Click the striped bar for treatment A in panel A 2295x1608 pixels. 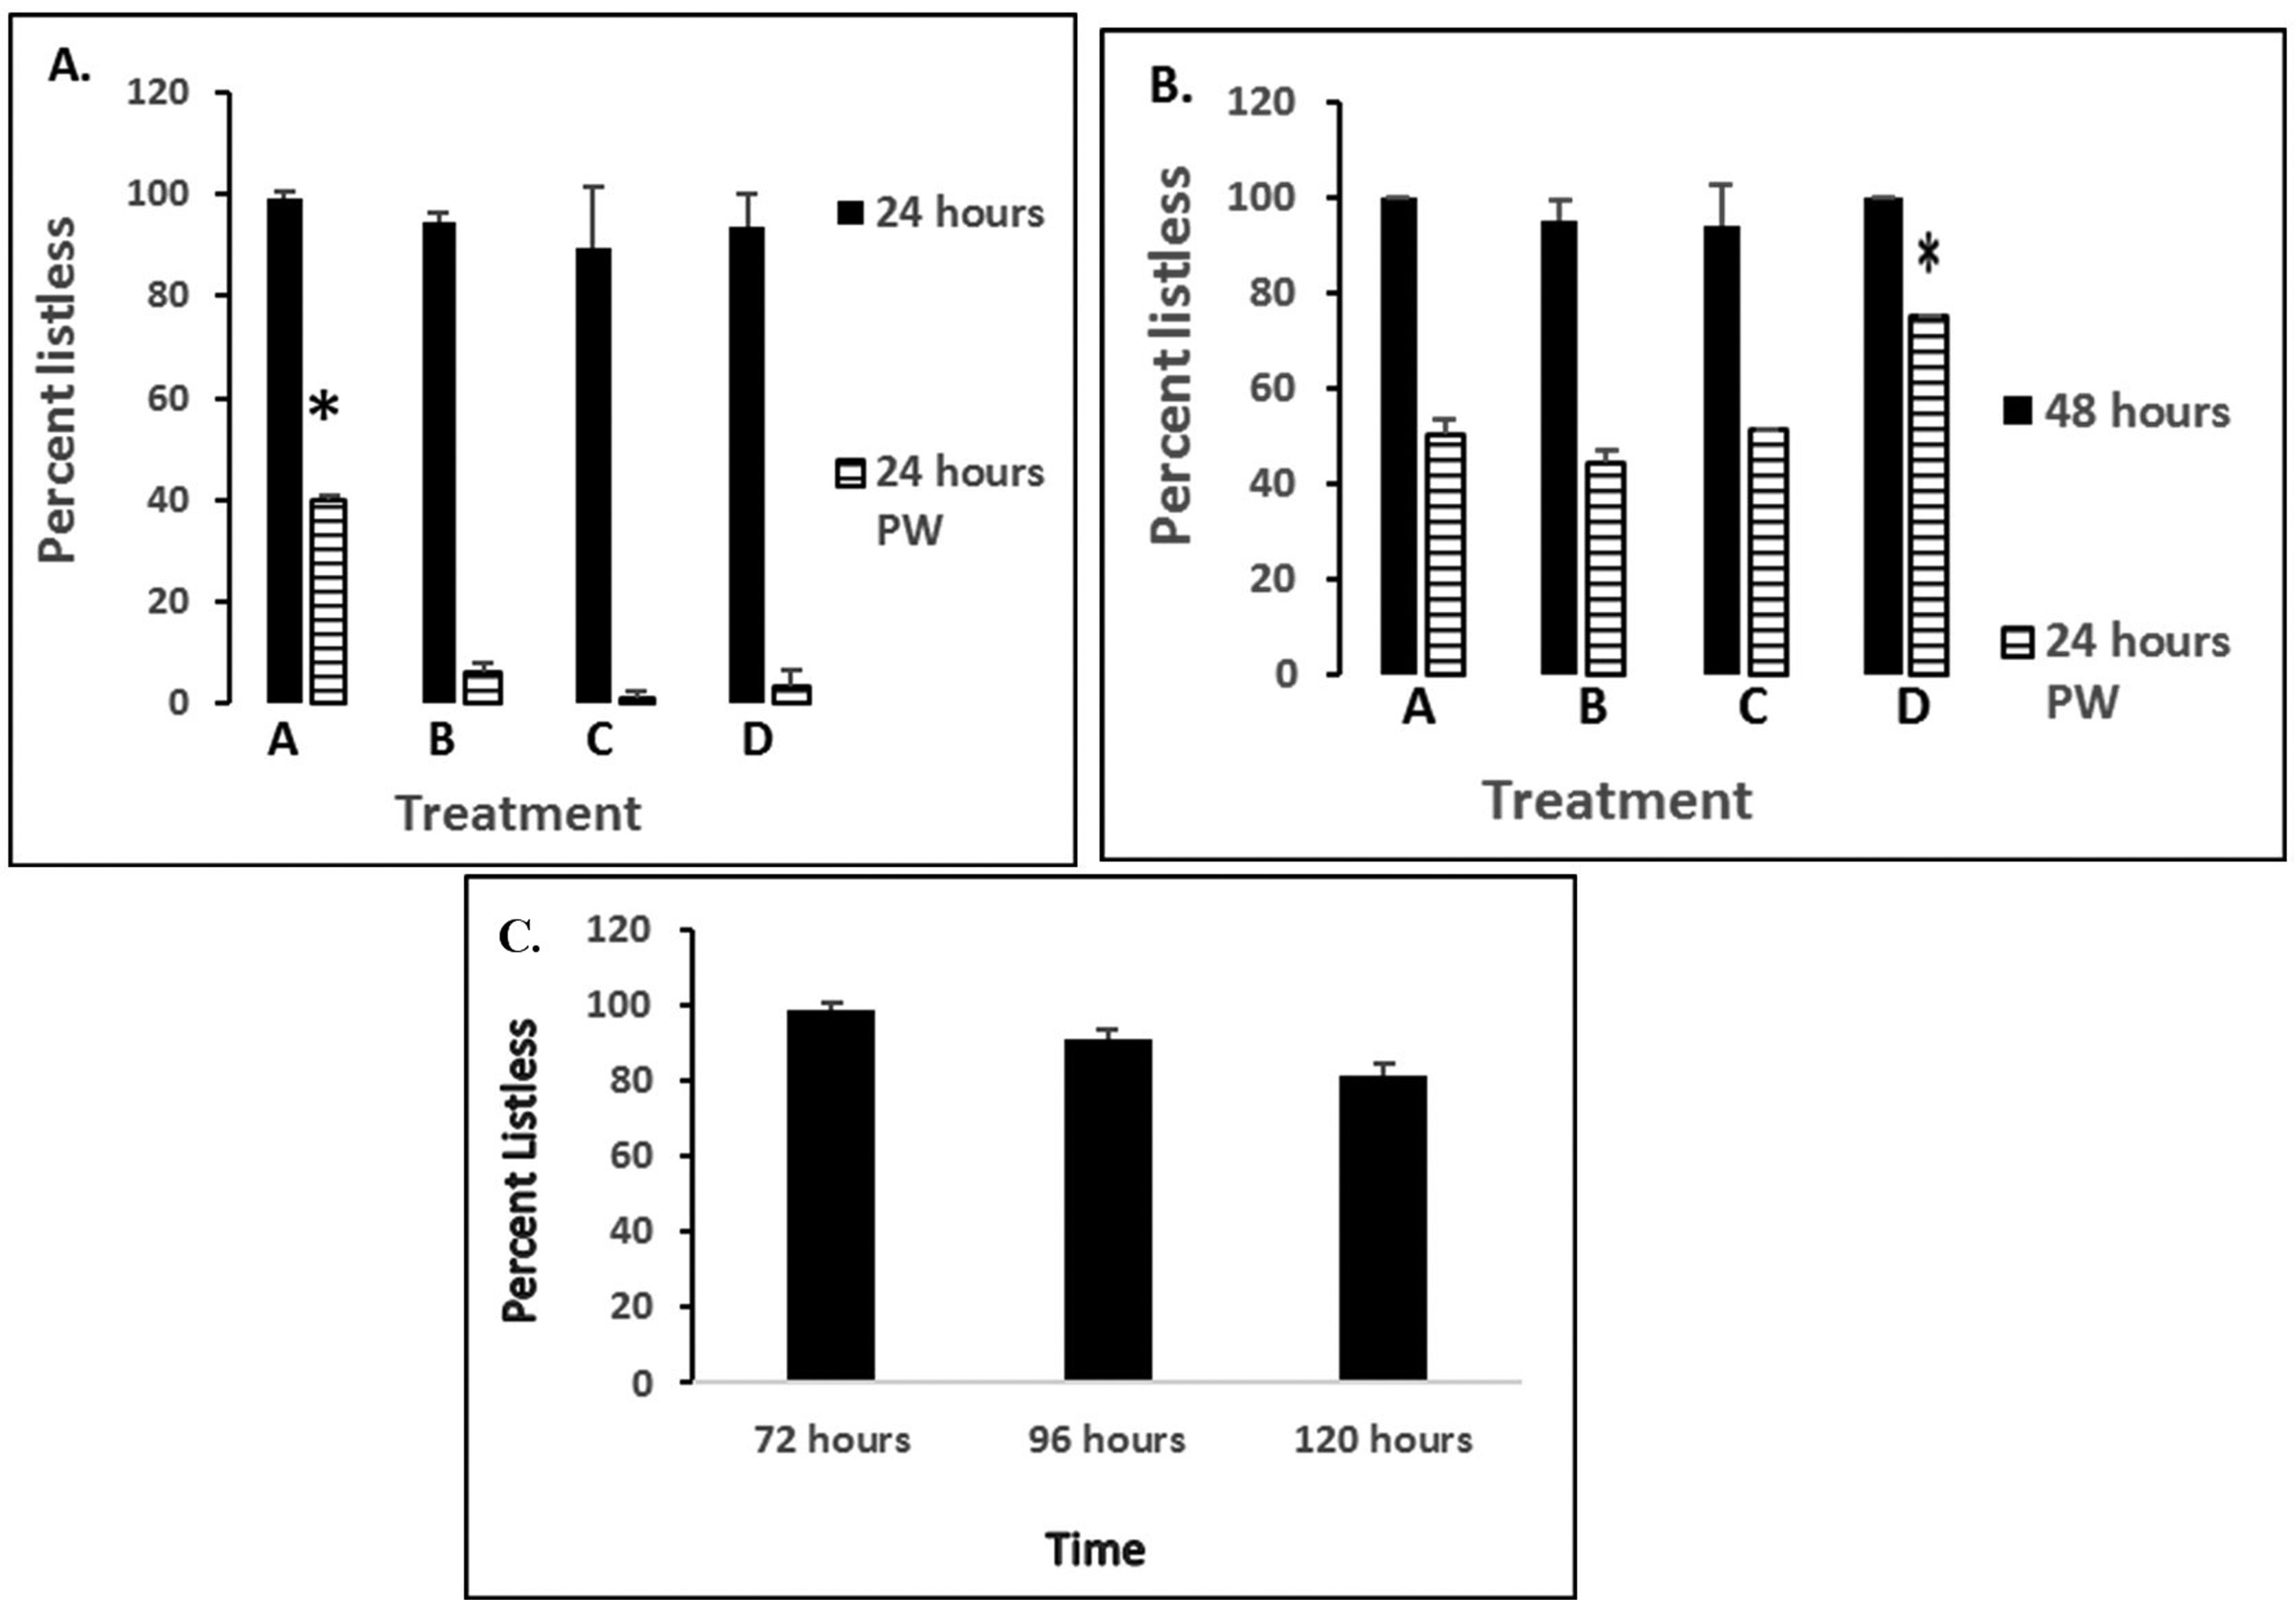click(328, 601)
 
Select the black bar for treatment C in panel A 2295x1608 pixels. click(594, 475)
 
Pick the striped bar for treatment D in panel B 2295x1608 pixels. click(1928, 495)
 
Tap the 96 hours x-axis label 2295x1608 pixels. click(1106, 1440)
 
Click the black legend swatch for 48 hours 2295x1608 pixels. click(2017, 412)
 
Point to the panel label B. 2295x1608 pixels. click(1170, 87)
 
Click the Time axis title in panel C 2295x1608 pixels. click(1095, 1550)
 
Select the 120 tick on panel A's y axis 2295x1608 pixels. click(157, 92)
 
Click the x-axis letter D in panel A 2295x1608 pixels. click(757, 740)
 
